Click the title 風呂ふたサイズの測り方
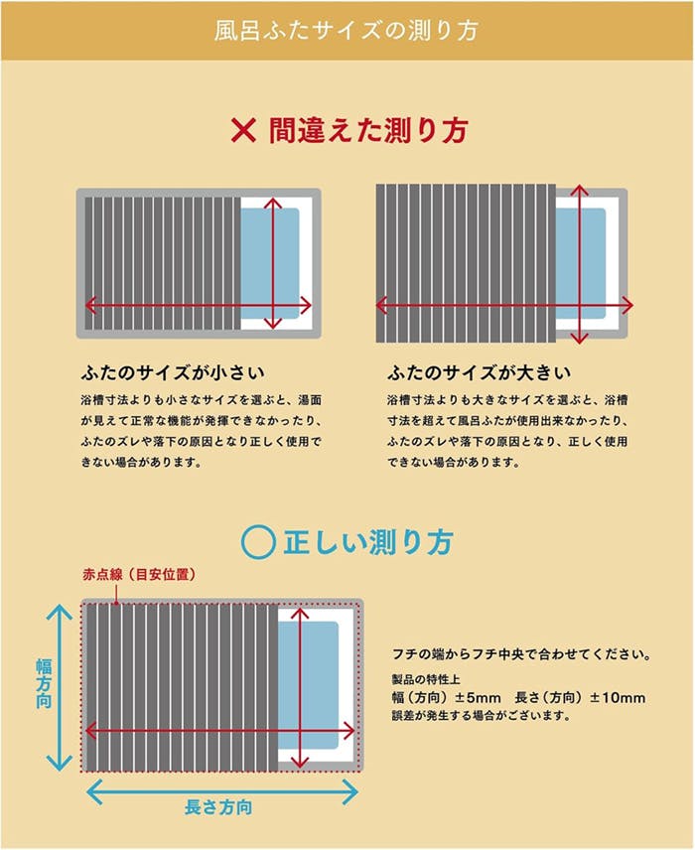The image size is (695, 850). tap(347, 30)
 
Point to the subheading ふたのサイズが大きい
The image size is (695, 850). tap(480, 373)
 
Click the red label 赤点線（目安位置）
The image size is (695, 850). tap(136, 575)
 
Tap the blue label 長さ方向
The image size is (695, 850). tap(218, 807)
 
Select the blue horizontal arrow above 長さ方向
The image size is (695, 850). tap(222, 790)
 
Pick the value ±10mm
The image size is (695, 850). tap(617, 697)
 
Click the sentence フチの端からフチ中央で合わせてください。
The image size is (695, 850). tap(522, 655)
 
